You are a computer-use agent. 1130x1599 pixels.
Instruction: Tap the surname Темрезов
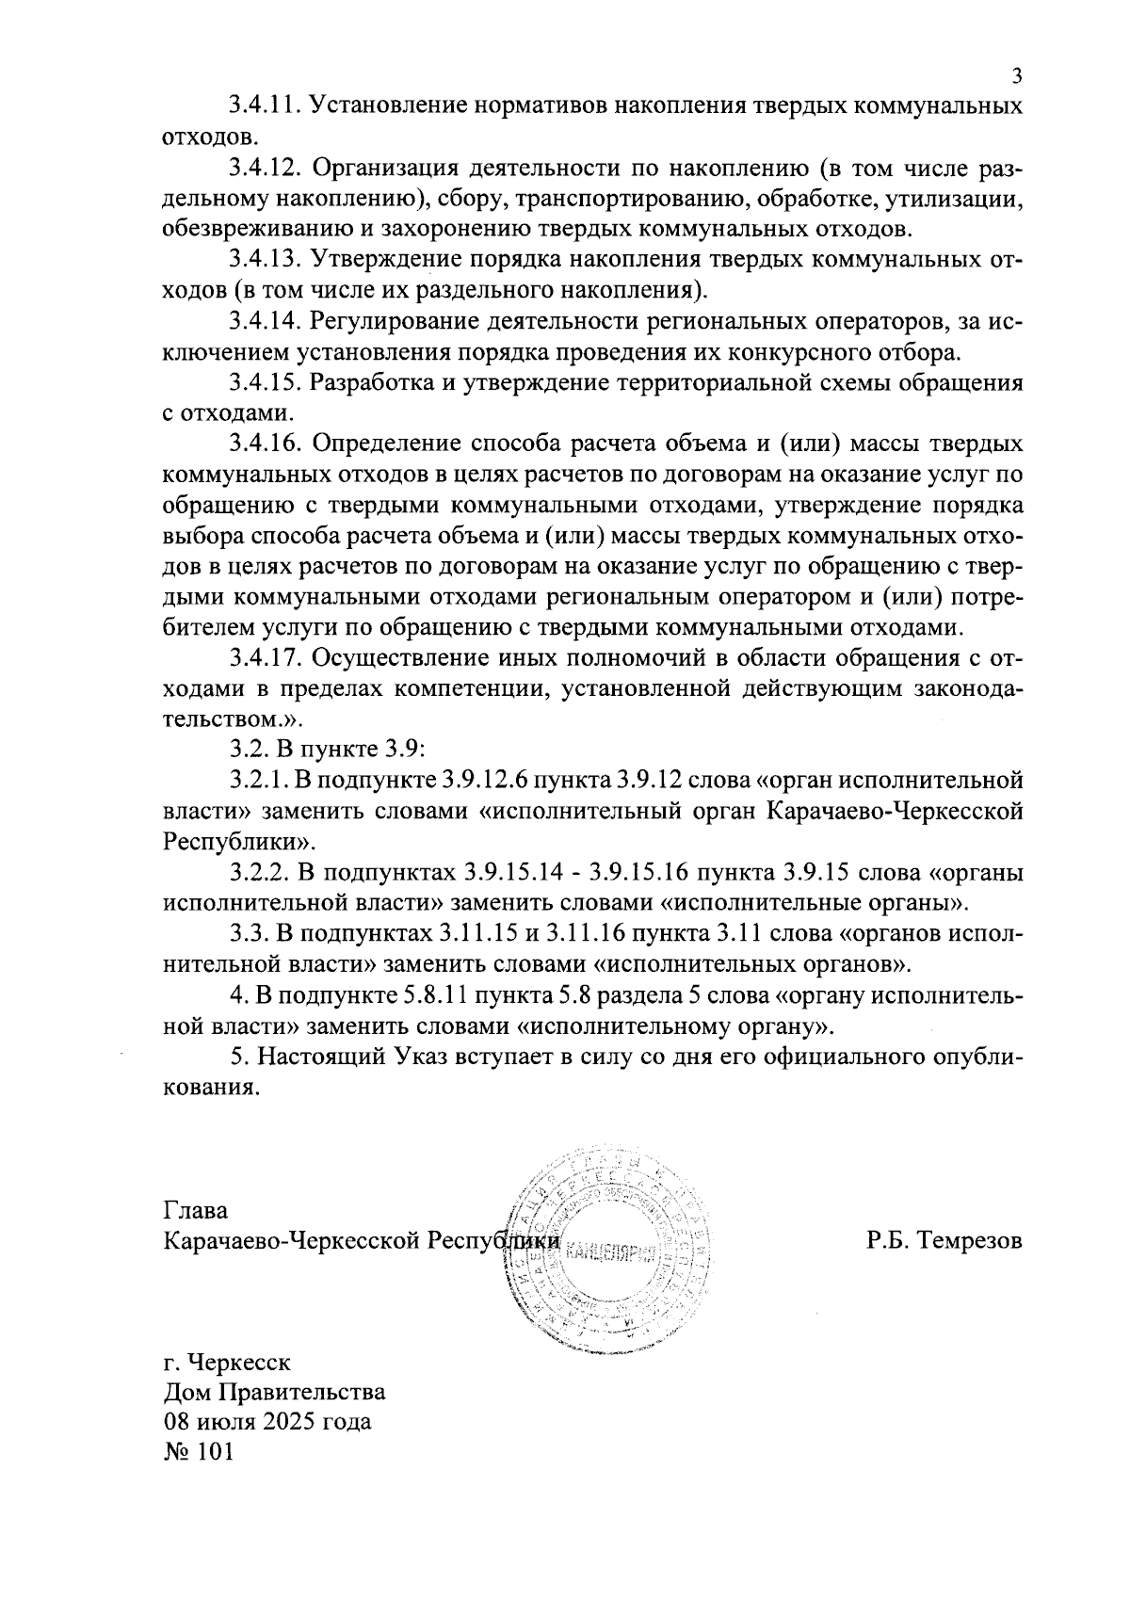point(971,1240)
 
